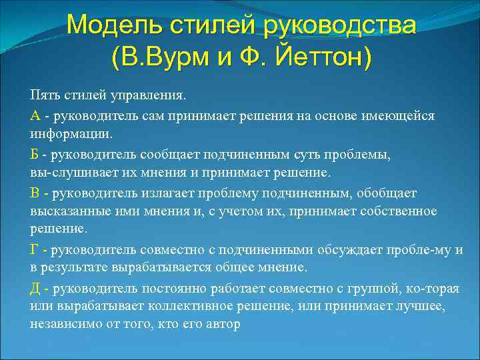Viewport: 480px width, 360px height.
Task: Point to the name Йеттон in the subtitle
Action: [x=319, y=58]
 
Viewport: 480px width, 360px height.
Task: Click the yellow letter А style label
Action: [x=35, y=116]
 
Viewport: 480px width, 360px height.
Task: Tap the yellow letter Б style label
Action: [x=34, y=155]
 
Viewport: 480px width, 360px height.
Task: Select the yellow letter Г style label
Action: [x=34, y=250]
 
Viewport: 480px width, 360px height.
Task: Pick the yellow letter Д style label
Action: [x=35, y=289]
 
